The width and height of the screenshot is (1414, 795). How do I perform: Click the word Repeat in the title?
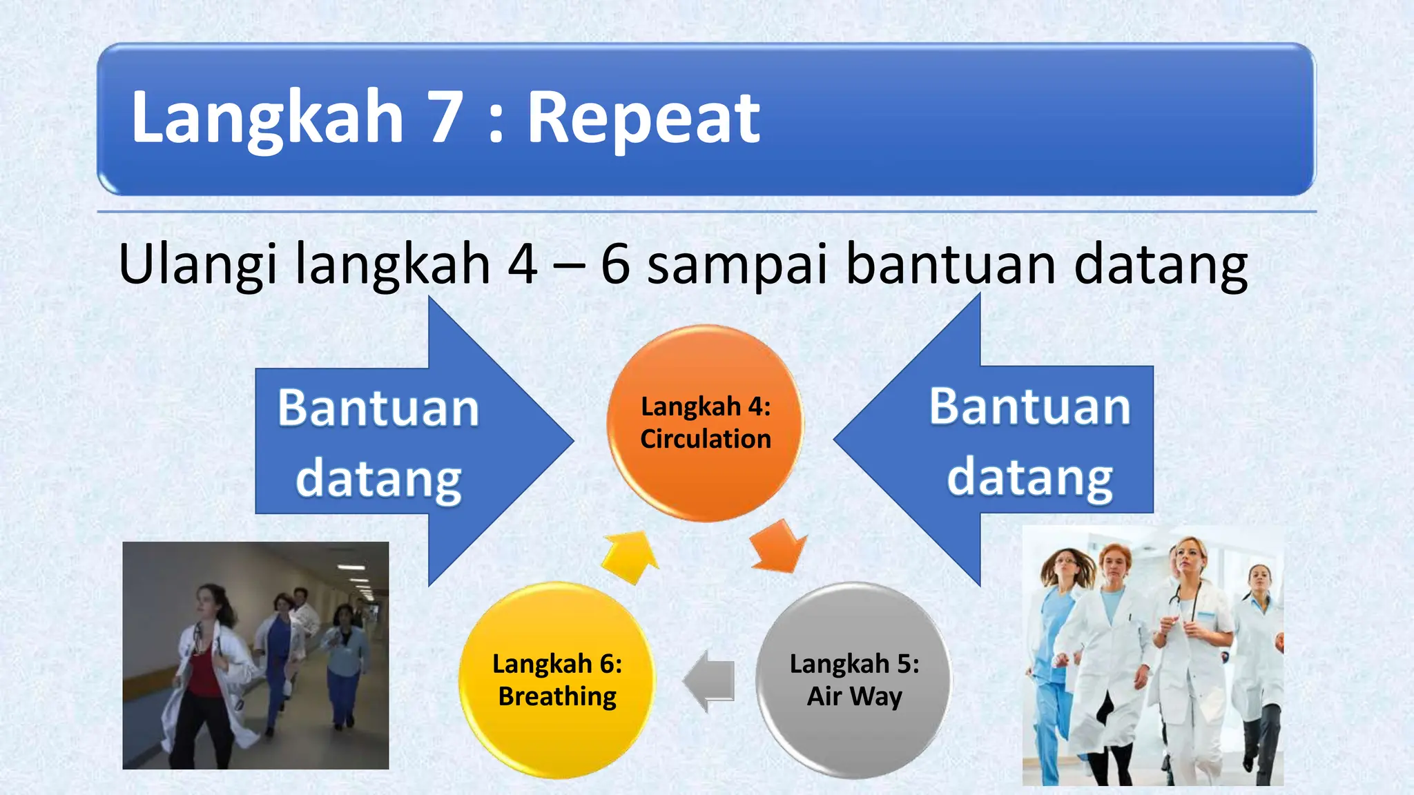[643, 118]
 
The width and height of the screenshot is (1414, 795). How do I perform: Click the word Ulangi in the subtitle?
[198, 264]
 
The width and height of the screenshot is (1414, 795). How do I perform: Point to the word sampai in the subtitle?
[736, 264]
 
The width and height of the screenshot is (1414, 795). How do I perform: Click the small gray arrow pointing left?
[710, 680]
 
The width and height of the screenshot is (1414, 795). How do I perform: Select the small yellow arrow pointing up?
[629, 556]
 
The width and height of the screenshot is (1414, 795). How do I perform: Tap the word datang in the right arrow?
[1029, 477]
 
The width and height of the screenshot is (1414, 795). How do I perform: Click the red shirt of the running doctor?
[202, 673]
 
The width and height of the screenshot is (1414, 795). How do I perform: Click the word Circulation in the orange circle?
[705, 439]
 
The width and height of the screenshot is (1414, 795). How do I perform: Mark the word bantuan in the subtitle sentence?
[951, 264]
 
